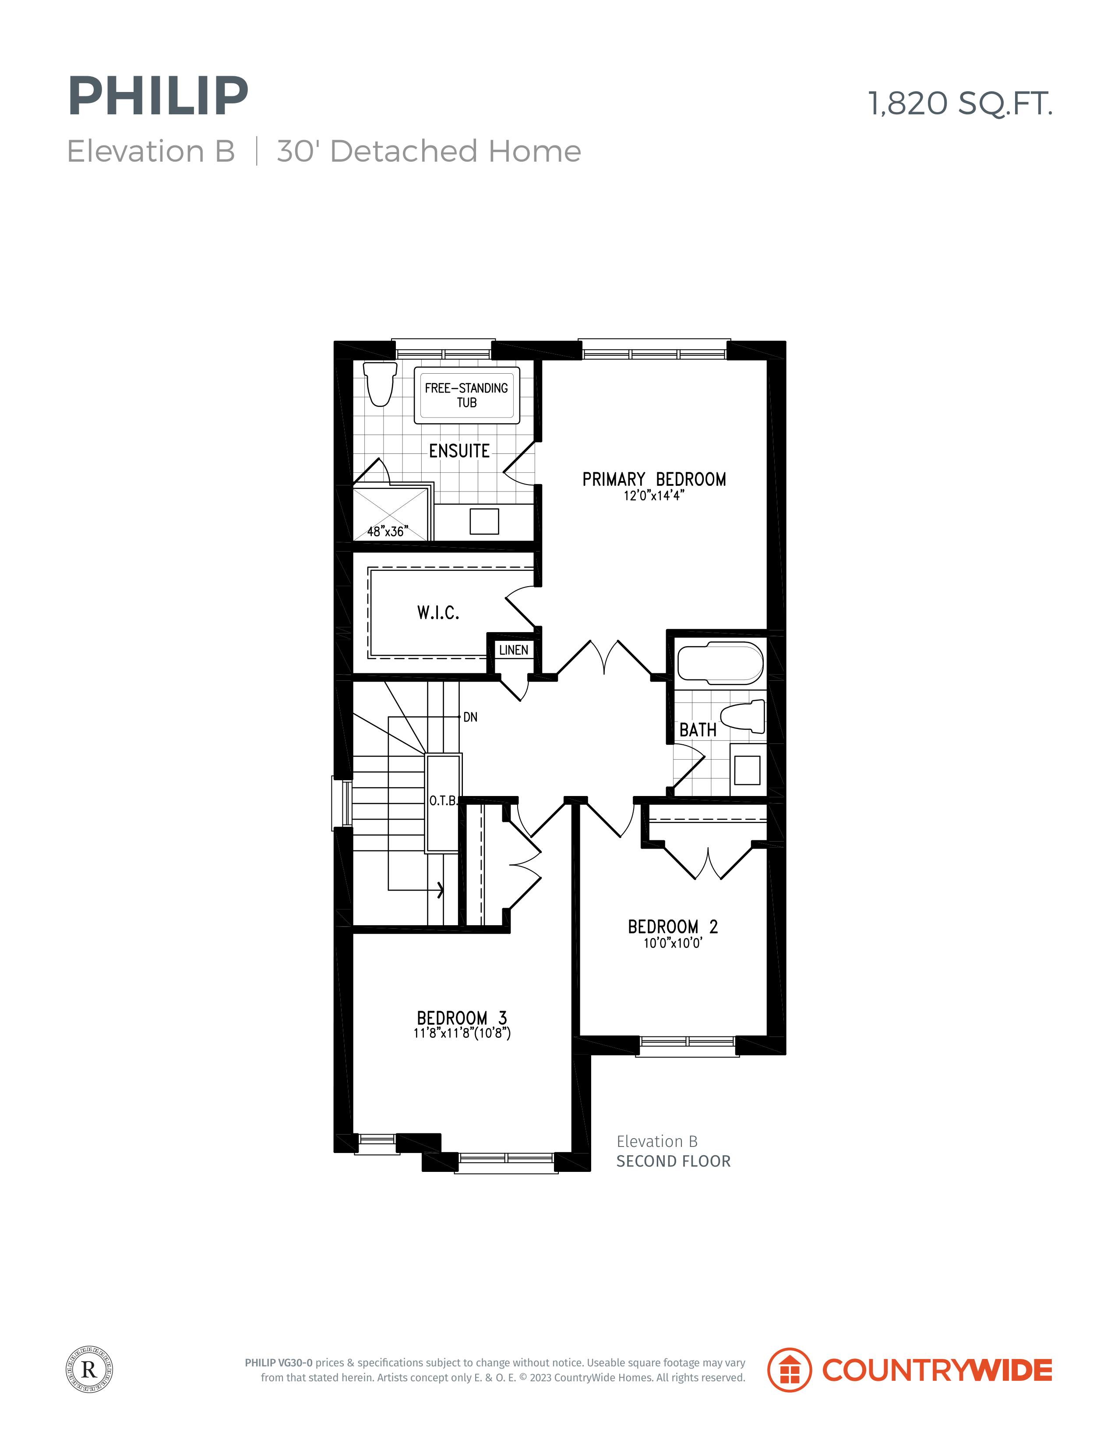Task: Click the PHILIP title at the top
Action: (x=158, y=96)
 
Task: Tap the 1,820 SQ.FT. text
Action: (x=960, y=103)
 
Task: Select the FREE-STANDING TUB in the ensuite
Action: (x=467, y=396)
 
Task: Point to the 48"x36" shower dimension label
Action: (x=388, y=531)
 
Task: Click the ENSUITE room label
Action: (x=459, y=451)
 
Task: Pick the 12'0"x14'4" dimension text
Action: (x=654, y=495)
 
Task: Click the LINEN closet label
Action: (x=514, y=650)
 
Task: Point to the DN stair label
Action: (x=470, y=717)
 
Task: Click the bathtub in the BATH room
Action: (x=720, y=662)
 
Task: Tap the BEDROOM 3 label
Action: (x=462, y=1018)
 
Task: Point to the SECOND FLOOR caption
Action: (x=674, y=1161)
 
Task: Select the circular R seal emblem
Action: (x=89, y=1369)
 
